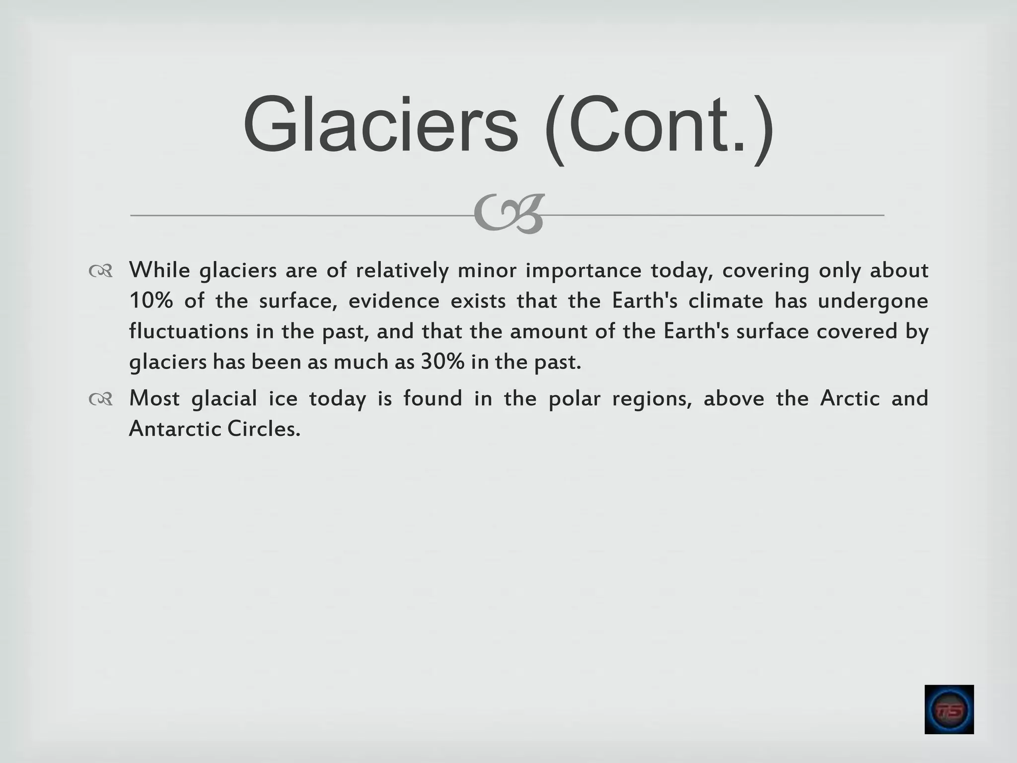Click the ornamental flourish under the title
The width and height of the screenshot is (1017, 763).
tap(508, 214)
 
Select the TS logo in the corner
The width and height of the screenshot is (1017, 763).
tap(948, 709)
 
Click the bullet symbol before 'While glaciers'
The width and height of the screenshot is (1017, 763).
tap(101, 271)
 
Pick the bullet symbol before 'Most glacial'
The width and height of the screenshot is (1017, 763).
tap(101, 399)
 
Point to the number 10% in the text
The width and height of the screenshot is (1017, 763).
tap(151, 301)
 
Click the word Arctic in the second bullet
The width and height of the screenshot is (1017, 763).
tap(850, 398)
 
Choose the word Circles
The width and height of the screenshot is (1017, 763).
tap(264, 429)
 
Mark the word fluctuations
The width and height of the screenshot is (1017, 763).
tap(188, 331)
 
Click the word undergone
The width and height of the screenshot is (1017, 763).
tap(872, 302)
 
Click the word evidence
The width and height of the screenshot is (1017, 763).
tap(394, 301)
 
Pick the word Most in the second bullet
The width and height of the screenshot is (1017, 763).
tap(154, 398)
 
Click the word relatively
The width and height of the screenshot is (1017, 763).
tap(402, 271)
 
